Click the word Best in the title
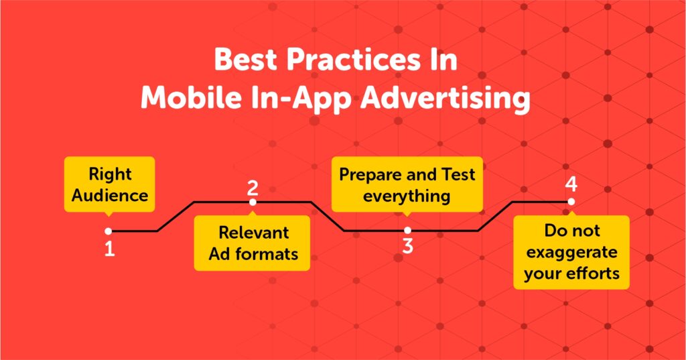tap(246, 60)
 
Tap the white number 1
tap(109, 249)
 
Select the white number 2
tap(253, 188)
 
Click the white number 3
tap(408, 246)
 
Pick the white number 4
tap(571, 184)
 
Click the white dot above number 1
tap(109, 231)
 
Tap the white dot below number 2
tap(253, 202)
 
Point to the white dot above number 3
tap(408, 231)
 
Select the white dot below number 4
tap(571, 202)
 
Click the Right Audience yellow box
tap(109, 184)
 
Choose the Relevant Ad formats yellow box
tap(252, 243)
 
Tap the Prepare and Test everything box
tap(407, 184)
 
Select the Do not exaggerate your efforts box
tap(571, 252)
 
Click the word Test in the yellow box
tap(458, 174)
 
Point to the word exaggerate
tap(571, 253)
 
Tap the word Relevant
tap(254, 233)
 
